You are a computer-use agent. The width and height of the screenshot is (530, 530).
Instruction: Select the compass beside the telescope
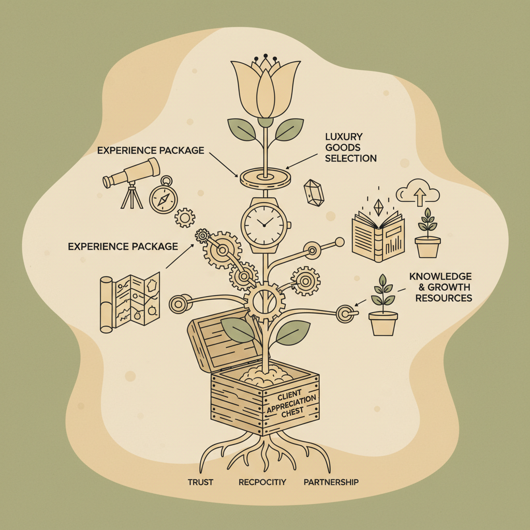pos(163,197)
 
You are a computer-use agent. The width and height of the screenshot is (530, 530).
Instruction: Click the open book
pos(377,234)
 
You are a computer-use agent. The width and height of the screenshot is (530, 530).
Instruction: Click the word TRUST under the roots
pos(200,482)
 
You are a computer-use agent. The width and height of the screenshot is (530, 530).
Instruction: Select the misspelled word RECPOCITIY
pos(262,482)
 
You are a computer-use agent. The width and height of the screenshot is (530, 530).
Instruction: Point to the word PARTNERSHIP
pos(331,482)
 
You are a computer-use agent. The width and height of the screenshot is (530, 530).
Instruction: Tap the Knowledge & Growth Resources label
pos(440,287)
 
